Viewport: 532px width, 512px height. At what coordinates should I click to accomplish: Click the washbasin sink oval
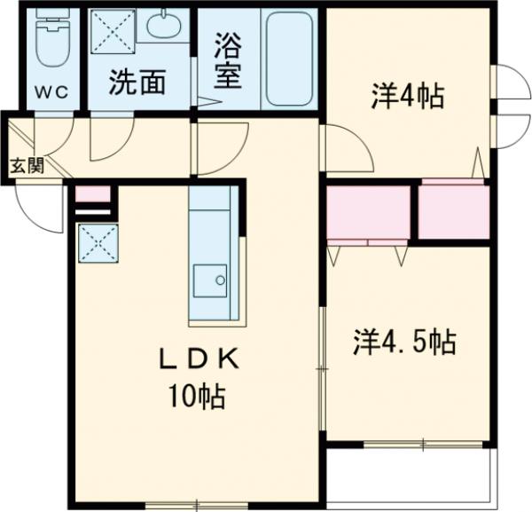163,27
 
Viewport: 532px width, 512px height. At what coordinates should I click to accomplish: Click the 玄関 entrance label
27,164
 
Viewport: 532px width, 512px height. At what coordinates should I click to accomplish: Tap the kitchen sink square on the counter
211,283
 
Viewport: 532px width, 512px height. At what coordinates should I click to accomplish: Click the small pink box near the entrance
92,194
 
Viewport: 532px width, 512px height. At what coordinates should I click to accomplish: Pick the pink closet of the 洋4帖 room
453,211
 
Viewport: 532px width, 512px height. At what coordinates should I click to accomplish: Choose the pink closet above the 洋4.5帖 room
368,213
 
